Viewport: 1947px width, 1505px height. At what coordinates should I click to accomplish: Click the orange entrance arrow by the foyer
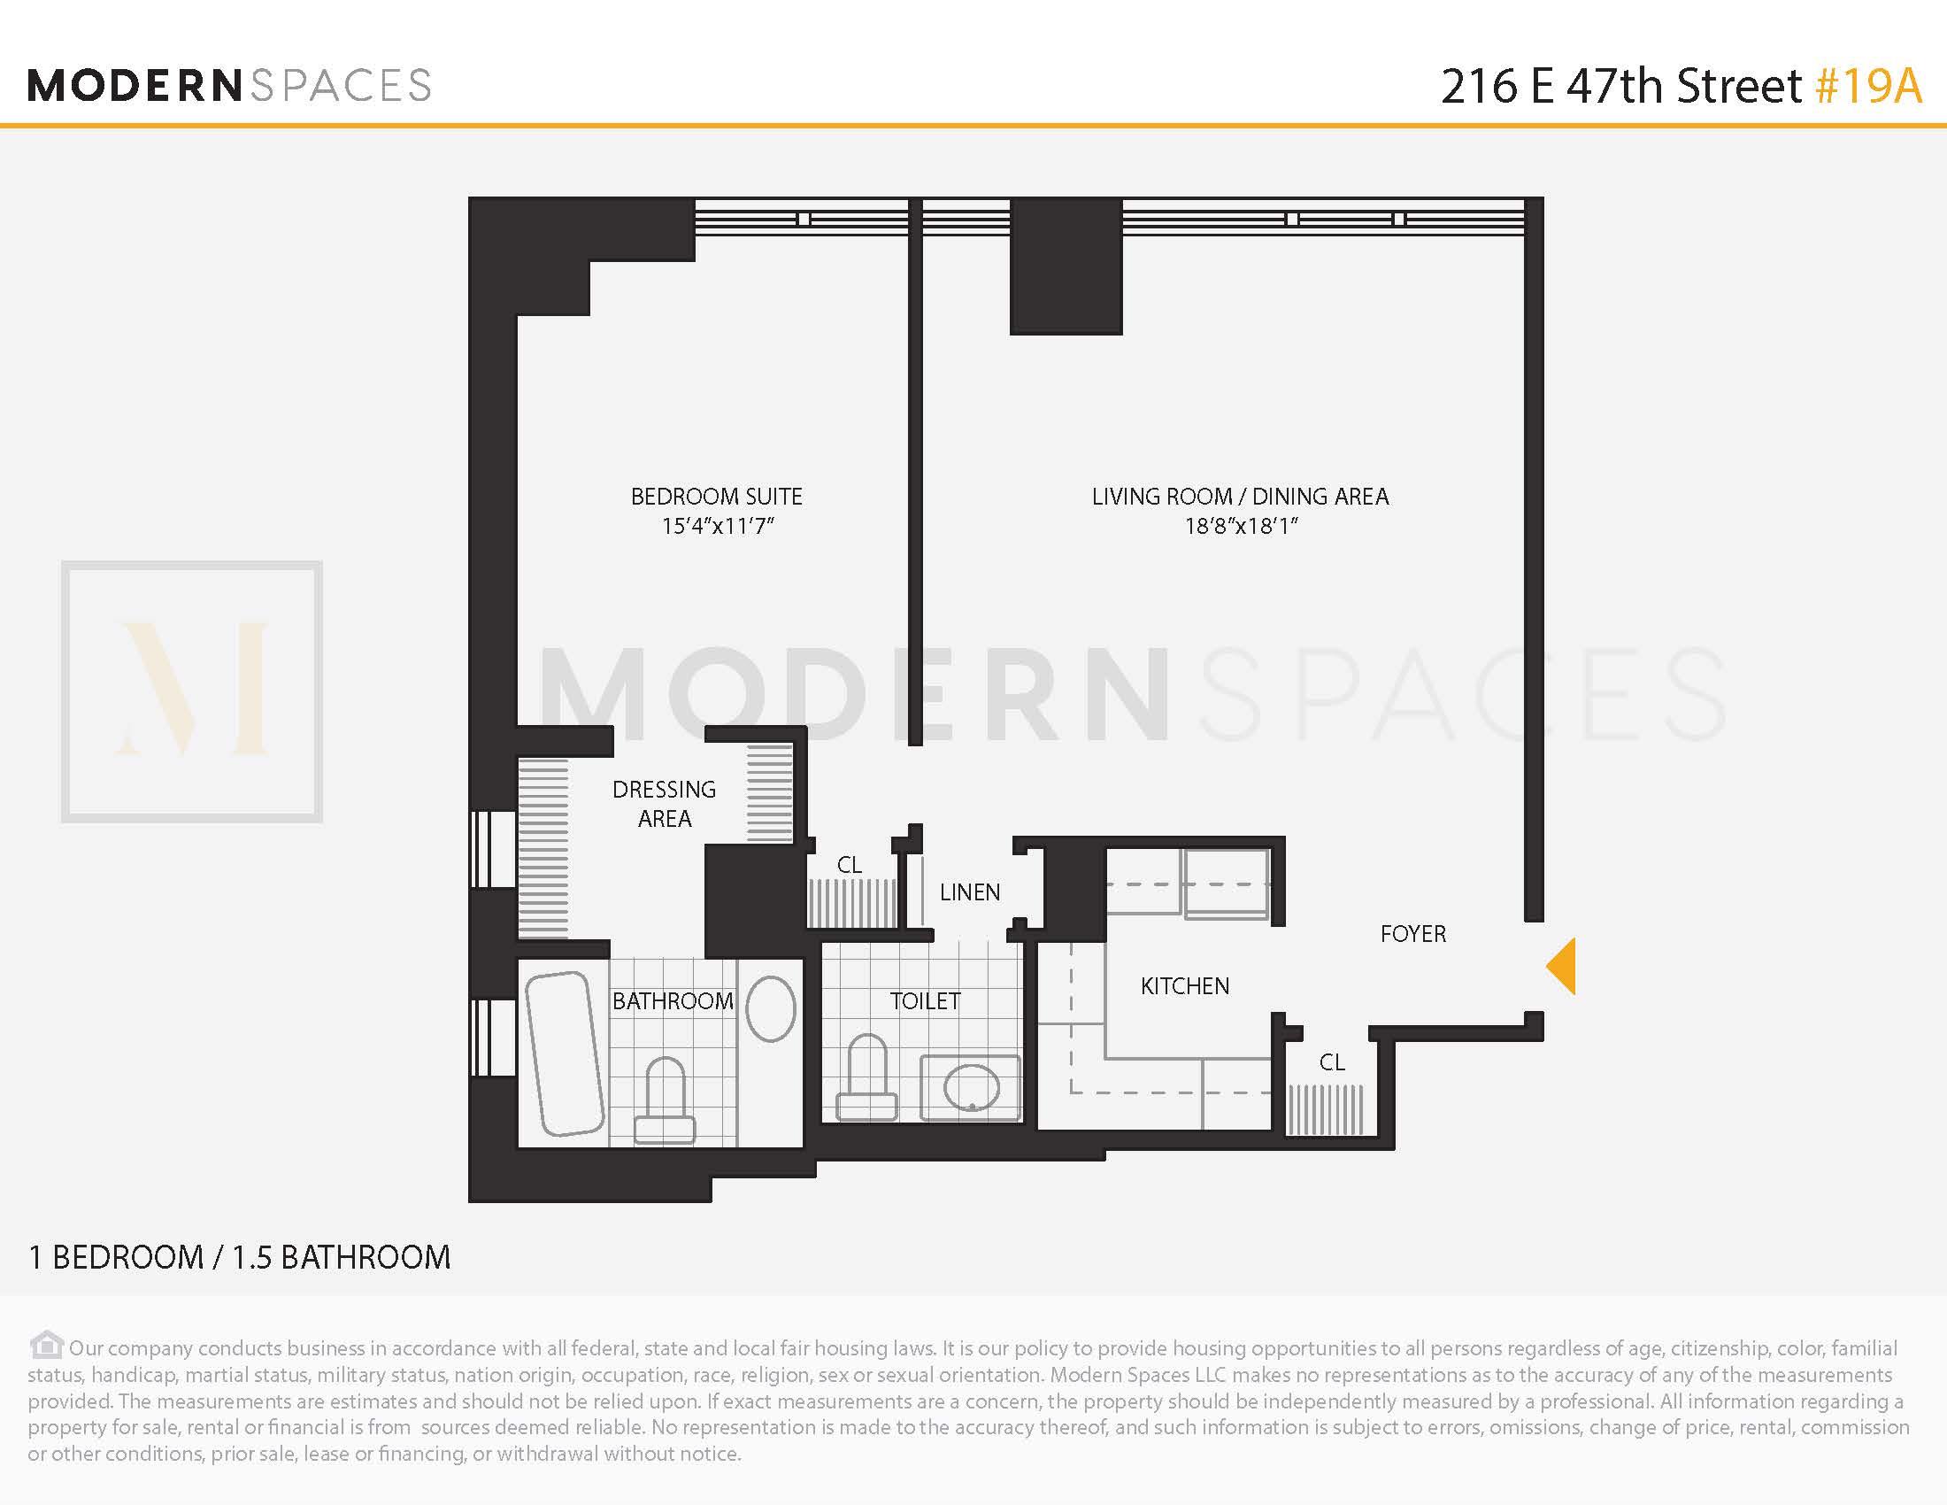pyautogui.click(x=1562, y=967)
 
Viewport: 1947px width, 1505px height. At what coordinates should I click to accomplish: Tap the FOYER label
pyautogui.click(x=1413, y=933)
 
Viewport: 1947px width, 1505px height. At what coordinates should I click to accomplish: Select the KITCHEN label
pyautogui.click(x=1185, y=986)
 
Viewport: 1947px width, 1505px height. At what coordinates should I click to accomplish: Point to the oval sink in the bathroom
pyautogui.click(x=770, y=1008)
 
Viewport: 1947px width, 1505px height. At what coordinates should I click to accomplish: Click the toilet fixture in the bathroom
pyautogui.click(x=664, y=1101)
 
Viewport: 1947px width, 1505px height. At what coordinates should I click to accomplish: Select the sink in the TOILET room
pyautogui.click(x=971, y=1088)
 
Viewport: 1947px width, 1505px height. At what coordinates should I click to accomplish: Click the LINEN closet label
pyautogui.click(x=970, y=891)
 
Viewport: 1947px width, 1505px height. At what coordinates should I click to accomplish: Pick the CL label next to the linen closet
pyautogui.click(x=850, y=865)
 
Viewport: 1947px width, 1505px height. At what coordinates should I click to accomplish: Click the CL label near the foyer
pyautogui.click(x=1332, y=1061)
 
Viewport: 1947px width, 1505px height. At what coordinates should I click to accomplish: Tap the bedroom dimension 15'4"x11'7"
pyautogui.click(x=717, y=526)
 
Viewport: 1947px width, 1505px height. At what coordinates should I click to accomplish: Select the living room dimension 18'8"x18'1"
pyautogui.click(x=1240, y=526)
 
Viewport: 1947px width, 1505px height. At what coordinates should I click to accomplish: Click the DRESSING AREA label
pyautogui.click(x=664, y=803)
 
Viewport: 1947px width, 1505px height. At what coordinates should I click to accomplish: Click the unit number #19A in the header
pyautogui.click(x=1867, y=87)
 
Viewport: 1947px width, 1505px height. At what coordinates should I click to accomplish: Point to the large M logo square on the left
pyautogui.click(x=192, y=691)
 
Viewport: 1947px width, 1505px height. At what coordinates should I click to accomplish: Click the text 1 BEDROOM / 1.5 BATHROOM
pyautogui.click(x=239, y=1257)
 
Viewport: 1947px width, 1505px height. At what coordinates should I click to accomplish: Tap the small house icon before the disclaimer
pyautogui.click(x=46, y=1345)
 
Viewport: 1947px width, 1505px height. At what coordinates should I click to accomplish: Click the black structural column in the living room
pyautogui.click(x=1066, y=267)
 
